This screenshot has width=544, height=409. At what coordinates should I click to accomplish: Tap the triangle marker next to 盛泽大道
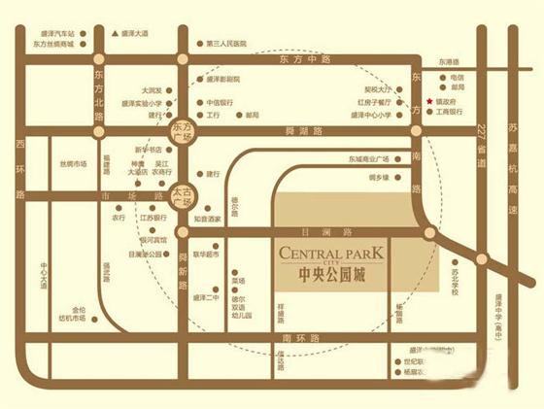pos(115,34)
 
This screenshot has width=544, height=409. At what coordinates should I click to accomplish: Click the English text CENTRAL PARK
pos(331,254)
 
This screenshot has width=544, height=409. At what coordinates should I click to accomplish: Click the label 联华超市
pos(207,255)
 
